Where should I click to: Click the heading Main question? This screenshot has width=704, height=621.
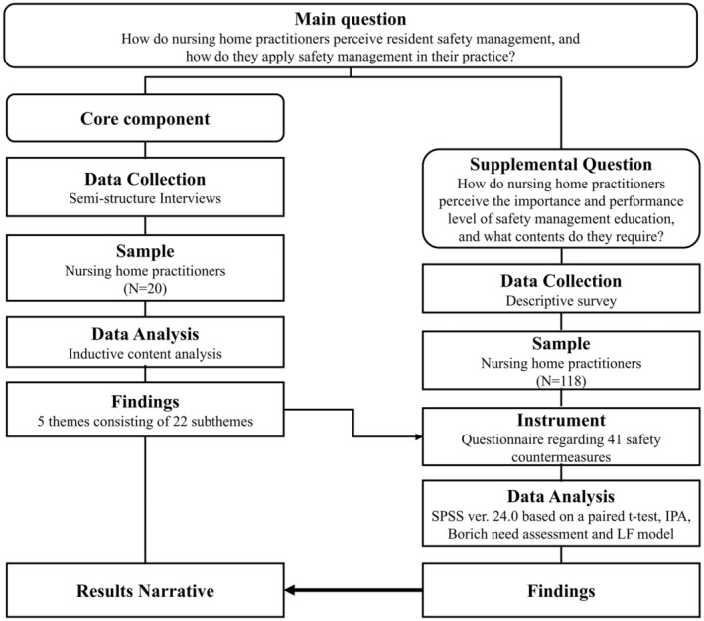tap(351, 19)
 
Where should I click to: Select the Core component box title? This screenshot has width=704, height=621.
tap(145, 119)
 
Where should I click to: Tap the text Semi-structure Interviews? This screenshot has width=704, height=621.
tap(145, 198)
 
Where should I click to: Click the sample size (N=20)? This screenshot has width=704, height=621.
tap(145, 288)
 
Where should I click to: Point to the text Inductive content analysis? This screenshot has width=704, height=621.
tap(145, 354)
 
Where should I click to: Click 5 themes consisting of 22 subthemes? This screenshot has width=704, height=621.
tap(145, 421)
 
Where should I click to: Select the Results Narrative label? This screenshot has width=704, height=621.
tap(145, 591)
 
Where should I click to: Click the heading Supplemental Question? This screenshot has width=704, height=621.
tap(561, 165)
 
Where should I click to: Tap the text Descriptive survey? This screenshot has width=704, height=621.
tap(561, 301)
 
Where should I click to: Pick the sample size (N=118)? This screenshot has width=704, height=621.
tap(561, 381)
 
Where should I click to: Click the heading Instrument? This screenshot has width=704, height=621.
tap(561, 420)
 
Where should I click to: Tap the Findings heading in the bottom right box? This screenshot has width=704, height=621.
tap(561, 591)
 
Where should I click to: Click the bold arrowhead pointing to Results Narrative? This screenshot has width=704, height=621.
tap(290, 590)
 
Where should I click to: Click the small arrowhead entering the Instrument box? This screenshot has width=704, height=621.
tap(419, 436)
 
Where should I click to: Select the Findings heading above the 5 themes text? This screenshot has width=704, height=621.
tap(145, 402)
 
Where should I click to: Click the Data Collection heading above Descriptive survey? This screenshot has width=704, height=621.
tap(561, 281)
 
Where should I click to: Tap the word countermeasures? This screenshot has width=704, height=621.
tap(561, 457)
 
